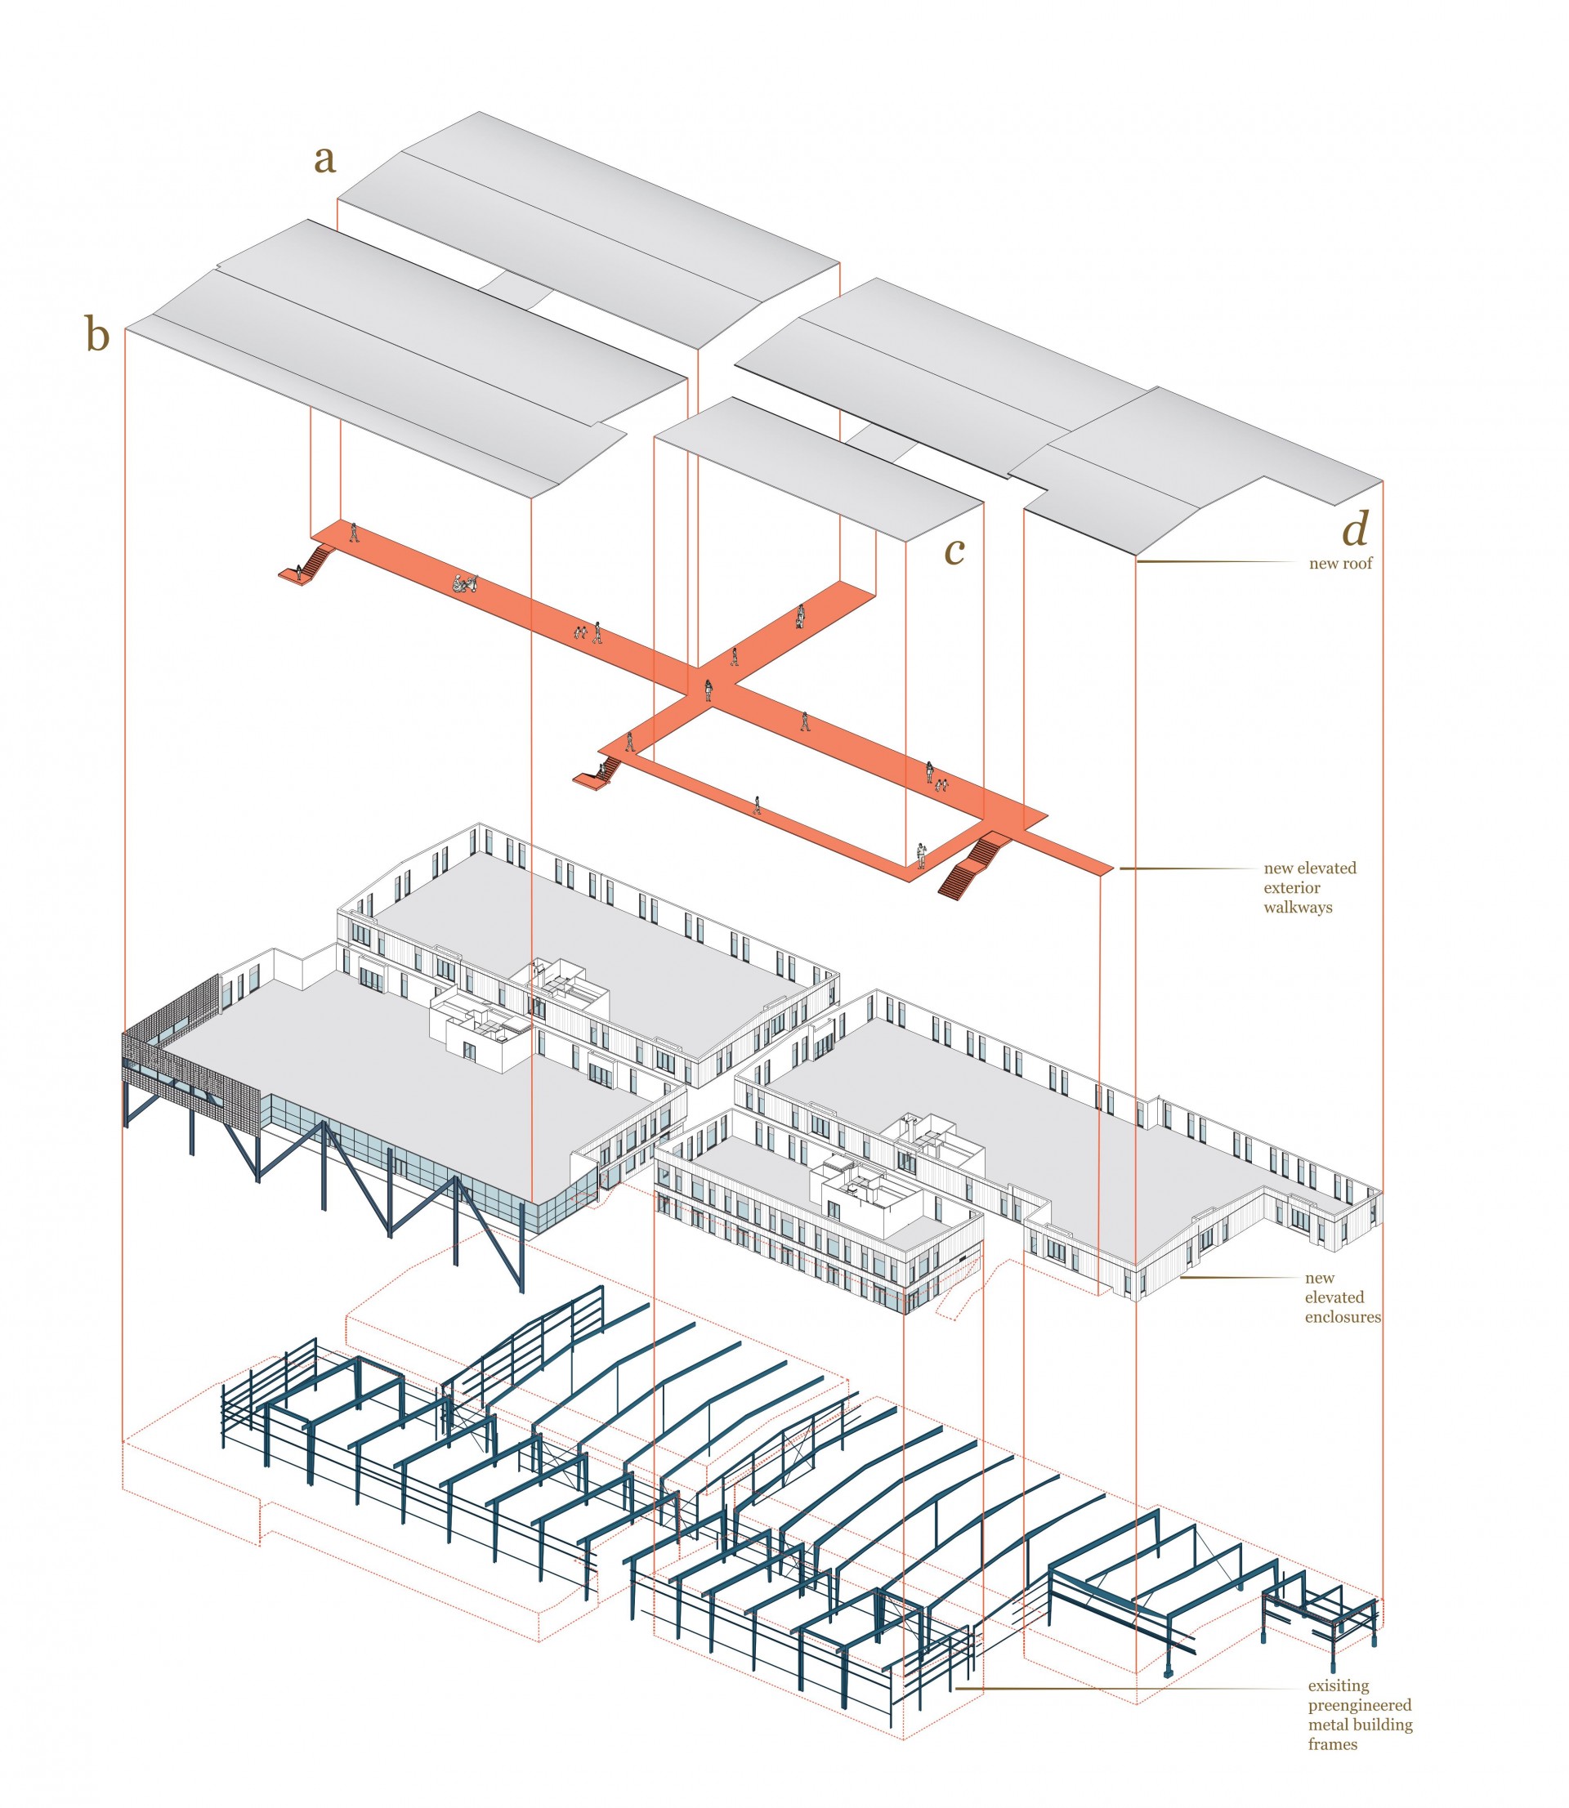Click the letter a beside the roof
(x=325, y=160)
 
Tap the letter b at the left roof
(x=97, y=335)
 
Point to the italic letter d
(x=1356, y=529)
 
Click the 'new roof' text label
(x=1340, y=564)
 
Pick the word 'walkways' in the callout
(x=1298, y=908)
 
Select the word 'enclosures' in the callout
(x=1342, y=1317)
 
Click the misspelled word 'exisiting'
(x=1338, y=1685)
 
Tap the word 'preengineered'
(x=1360, y=1705)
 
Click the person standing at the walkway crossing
(x=709, y=690)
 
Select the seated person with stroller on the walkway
(x=465, y=583)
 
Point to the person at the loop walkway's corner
(x=921, y=855)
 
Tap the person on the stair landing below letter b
(x=299, y=574)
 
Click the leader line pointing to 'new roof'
(x=1217, y=561)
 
